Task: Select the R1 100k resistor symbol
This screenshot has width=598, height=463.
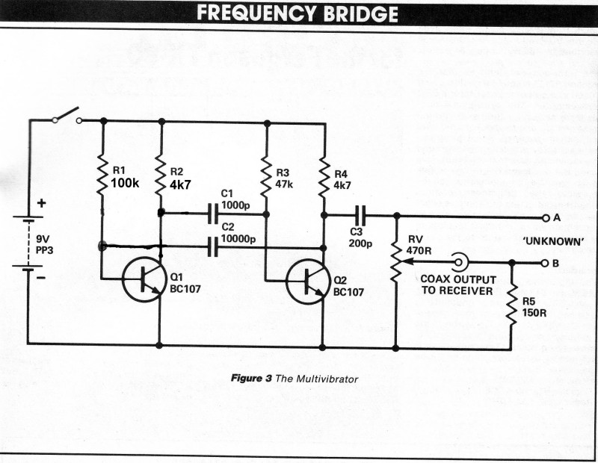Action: (x=102, y=174)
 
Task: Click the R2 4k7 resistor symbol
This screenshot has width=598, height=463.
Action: (x=161, y=174)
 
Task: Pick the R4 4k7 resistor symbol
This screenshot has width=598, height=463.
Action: (x=324, y=175)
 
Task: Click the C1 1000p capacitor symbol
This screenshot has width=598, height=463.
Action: (x=214, y=215)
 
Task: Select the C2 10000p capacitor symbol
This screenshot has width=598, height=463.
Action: (x=214, y=246)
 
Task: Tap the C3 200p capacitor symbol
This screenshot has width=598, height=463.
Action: (x=360, y=215)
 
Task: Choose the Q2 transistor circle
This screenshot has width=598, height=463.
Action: (x=307, y=281)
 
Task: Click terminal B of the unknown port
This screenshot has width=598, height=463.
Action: (x=545, y=262)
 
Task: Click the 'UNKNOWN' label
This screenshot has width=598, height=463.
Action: (x=554, y=240)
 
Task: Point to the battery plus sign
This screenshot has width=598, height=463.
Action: (x=41, y=202)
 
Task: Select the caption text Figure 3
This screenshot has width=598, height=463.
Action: (x=251, y=379)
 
